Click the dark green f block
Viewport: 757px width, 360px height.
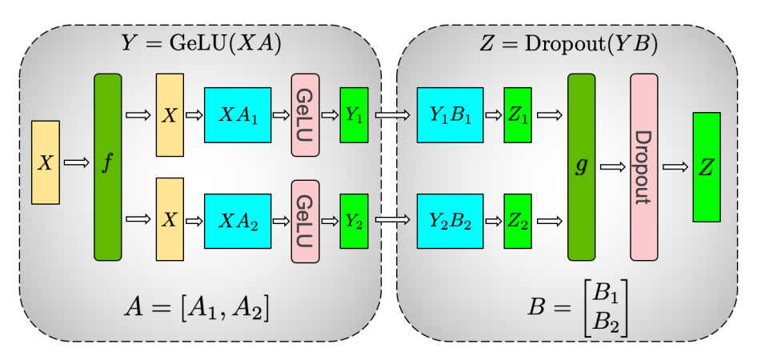pos(107,167)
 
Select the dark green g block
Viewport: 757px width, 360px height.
pos(582,167)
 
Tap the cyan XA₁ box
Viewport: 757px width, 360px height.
pos(238,114)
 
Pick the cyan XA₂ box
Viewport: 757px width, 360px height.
pos(238,221)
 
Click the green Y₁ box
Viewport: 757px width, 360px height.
pos(354,114)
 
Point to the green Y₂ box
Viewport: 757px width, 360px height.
pos(354,221)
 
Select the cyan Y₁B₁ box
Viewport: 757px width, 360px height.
pos(450,114)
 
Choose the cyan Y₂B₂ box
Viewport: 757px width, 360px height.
pos(450,221)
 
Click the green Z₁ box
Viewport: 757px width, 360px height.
pos(517,114)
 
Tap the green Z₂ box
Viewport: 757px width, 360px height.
pos(517,221)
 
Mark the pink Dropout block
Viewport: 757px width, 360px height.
pos(643,167)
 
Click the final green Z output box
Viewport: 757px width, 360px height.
pos(706,167)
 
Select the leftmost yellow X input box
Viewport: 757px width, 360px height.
pos(46,162)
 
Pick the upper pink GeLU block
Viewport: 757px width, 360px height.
pos(305,114)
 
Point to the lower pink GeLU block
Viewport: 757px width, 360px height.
pos(305,221)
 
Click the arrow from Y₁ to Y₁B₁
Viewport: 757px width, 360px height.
pos(392,115)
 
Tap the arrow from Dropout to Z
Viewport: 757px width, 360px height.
pos(675,167)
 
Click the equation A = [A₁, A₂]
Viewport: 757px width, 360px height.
pos(197,306)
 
